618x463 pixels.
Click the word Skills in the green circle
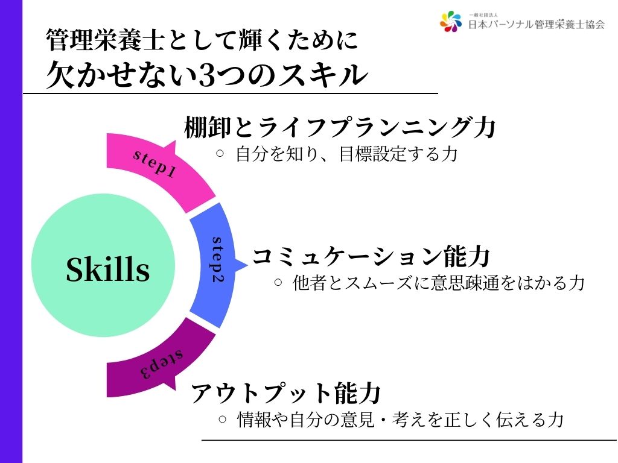coord(107,269)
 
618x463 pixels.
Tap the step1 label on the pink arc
coord(154,163)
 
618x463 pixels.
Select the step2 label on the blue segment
coord(217,260)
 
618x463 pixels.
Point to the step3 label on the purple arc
coord(162,364)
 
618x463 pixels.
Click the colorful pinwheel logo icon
coord(450,21)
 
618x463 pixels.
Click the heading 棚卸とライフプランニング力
coord(339,127)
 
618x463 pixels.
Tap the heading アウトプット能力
coord(285,392)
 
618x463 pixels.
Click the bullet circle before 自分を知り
coord(220,154)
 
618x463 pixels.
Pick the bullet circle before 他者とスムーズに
coord(278,282)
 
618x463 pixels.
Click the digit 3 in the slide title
coord(208,75)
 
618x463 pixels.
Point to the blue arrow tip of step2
coord(247,265)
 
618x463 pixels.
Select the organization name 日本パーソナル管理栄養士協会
coord(537,24)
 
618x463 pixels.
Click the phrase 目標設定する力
coord(398,154)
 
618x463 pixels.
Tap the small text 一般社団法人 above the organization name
coord(483,15)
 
